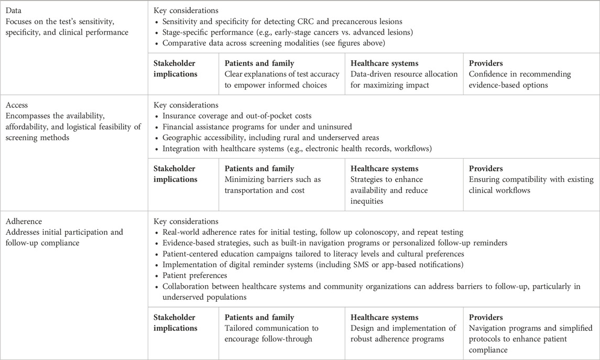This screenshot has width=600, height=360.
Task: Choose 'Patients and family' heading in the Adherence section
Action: click(x=259, y=317)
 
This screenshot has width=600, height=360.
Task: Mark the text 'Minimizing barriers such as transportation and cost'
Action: click(x=272, y=185)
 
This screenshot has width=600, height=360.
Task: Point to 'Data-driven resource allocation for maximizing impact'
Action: click(x=397, y=80)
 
